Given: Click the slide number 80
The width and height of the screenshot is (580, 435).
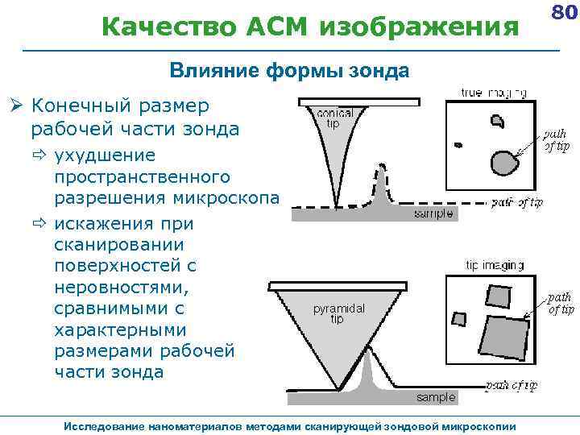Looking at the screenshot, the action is click(x=563, y=13).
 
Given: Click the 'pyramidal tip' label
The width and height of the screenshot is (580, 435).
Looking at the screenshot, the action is click(x=338, y=313).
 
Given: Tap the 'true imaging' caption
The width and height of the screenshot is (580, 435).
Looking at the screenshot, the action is click(x=494, y=92).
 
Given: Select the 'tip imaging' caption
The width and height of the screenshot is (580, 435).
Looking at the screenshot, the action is click(x=495, y=265).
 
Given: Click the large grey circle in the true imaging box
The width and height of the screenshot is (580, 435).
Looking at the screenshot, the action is click(x=505, y=162).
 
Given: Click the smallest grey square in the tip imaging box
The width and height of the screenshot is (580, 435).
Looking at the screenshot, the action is click(x=459, y=318).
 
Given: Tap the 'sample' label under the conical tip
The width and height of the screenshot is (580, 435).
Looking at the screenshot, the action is click(x=433, y=213).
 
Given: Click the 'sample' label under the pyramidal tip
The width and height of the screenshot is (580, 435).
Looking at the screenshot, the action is click(x=436, y=397).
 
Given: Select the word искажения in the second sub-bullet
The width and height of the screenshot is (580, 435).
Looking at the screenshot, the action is click(x=103, y=222).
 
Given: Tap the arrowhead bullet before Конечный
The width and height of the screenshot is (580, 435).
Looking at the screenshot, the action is click(x=16, y=106).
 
